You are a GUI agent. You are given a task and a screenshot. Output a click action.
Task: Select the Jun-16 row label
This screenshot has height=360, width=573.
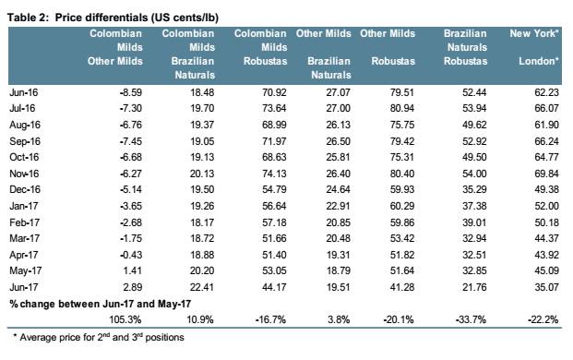(24, 92)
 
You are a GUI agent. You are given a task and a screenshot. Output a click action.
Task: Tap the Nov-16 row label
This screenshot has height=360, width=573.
(24, 174)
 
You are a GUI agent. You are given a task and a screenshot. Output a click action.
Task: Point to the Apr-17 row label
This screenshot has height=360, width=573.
(24, 255)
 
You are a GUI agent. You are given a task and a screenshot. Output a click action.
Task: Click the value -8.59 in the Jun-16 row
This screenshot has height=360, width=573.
(130, 92)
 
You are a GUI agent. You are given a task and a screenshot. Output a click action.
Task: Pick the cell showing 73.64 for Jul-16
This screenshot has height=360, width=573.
(274, 109)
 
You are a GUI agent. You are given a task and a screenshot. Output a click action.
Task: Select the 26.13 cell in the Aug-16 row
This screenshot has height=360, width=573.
(338, 125)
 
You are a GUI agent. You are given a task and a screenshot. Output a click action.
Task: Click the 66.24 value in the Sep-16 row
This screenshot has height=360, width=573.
(546, 141)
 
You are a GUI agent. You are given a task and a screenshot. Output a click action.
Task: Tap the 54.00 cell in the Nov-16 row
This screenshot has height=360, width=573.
(474, 174)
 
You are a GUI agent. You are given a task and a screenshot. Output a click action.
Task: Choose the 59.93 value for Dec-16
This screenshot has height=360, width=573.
(402, 189)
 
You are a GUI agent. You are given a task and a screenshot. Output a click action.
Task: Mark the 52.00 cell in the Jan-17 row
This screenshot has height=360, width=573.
(546, 206)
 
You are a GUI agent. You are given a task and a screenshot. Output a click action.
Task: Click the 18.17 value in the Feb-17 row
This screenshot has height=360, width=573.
(202, 222)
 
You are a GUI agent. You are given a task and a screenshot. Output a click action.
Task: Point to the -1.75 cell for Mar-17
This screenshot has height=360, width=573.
(130, 238)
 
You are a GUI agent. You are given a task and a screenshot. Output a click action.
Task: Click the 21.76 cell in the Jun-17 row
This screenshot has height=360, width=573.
(474, 287)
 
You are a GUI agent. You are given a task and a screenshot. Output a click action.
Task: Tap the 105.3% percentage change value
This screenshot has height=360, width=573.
(125, 319)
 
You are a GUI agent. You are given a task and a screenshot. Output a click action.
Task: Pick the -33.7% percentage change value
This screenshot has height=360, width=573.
(471, 319)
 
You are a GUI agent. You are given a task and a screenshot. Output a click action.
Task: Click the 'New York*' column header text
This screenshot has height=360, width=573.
(534, 33)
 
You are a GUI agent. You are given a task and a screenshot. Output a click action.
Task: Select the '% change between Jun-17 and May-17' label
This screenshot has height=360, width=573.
(101, 304)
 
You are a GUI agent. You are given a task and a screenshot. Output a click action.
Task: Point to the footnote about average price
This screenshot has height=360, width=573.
(99, 337)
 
